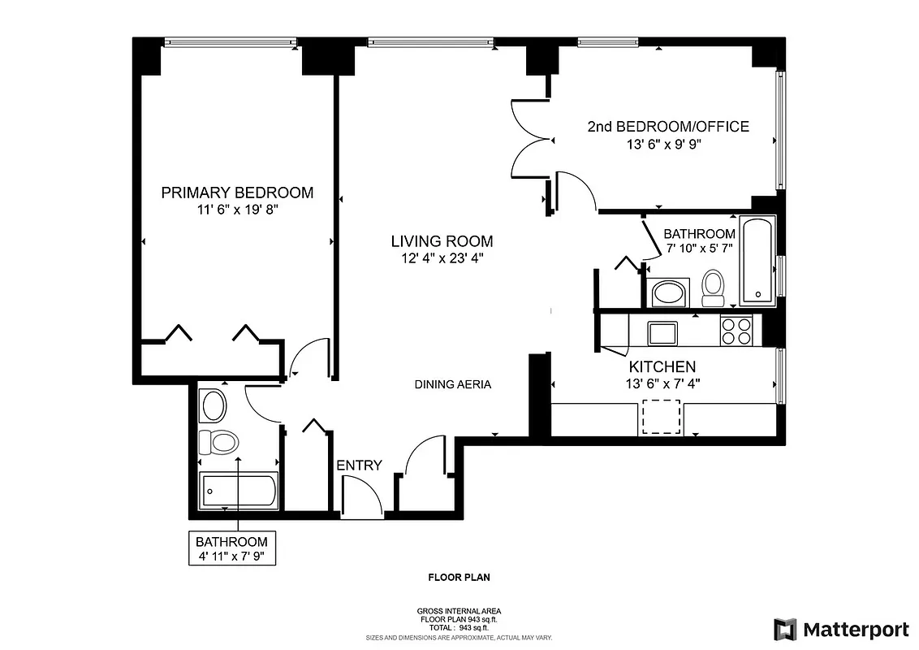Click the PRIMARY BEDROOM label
237,193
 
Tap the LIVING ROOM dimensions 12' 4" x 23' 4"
442,258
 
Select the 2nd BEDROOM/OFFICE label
667,127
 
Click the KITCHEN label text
662,367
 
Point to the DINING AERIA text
452,384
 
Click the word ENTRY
359,466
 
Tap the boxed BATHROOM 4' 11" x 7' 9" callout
231,549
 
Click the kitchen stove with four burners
736,331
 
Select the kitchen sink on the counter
662,332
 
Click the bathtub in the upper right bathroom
758,261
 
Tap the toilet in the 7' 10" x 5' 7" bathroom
714,287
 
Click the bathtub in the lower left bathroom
239,491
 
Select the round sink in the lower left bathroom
214,405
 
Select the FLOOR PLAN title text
459,578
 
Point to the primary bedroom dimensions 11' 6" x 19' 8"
237,209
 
